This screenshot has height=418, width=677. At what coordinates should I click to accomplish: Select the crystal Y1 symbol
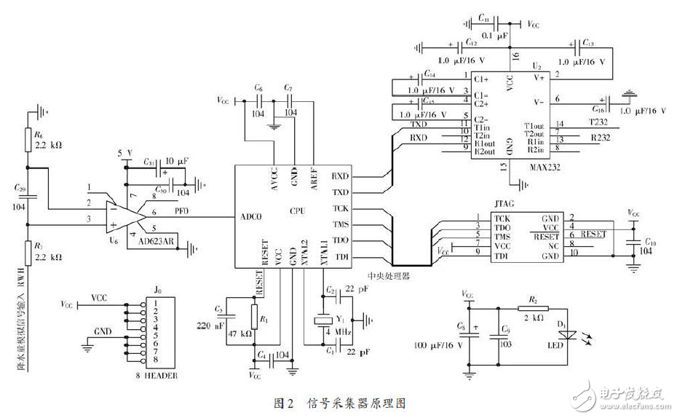pyautogui.click(x=320, y=321)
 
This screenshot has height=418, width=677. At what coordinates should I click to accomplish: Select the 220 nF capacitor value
pyautogui.click(x=210, y=326)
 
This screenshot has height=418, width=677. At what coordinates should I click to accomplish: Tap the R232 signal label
pyautogui.click(x=601, y=136)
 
